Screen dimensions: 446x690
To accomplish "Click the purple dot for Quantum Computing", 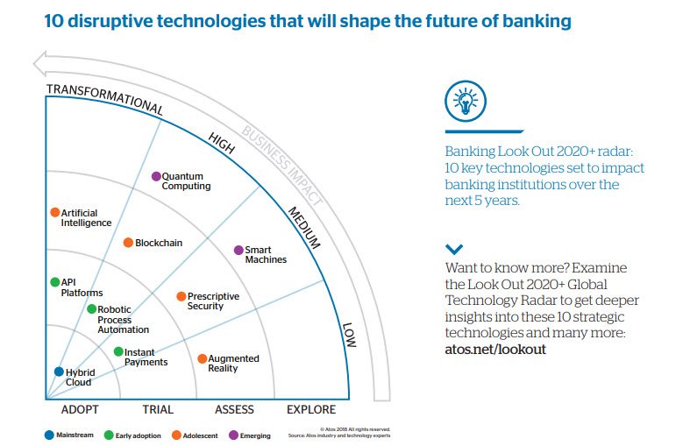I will [156, 176].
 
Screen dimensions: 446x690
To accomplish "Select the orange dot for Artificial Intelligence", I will [54, 212].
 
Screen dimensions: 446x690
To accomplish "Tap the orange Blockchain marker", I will [128, 243].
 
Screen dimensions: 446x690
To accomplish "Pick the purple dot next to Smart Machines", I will [238, 250].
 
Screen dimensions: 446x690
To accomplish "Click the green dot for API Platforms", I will [54, 282].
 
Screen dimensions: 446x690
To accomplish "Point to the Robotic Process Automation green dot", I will [91, 308].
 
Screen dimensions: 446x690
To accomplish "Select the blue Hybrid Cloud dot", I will [59, 372].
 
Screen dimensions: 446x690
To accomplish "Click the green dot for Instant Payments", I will [118, 351].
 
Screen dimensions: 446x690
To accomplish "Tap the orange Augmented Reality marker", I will [202, 358].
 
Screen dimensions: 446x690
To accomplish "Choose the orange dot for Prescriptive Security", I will [181, 296].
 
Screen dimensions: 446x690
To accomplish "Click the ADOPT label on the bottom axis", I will [80, 409].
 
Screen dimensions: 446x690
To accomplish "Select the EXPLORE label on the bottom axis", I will [311, 409].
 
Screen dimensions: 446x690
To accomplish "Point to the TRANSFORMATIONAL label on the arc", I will [104, 97].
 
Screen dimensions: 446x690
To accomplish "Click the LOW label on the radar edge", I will [349, 334].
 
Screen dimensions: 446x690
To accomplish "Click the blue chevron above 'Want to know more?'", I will [453, 250].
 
